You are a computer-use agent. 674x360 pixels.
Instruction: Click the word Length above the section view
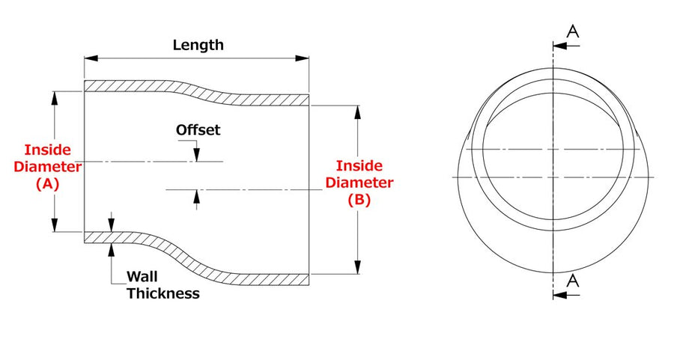pos(198,45)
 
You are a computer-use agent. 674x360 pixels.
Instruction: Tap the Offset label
pos(198,129)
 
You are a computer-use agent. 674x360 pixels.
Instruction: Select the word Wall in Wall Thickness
pos(142,276)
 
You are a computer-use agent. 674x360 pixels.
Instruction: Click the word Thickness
pos(163,293)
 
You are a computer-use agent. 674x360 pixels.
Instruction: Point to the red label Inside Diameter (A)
pos(47,167)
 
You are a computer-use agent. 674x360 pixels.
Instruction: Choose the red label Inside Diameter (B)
pos(359,183)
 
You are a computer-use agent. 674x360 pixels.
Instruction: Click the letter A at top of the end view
pos(573,31)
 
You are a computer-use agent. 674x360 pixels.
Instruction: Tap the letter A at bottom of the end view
pos(573,281)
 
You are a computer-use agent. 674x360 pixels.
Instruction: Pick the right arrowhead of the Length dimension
pos(303,58)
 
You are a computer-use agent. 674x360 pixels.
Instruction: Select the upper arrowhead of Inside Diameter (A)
pos(55,98)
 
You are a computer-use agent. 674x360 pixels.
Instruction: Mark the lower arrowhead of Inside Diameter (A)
pos(55,225)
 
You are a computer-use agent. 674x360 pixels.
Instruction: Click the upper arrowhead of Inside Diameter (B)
pos(357,112)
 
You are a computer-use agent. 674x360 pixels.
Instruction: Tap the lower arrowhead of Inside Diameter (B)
pos(357,266)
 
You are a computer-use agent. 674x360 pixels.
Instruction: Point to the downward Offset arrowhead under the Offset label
pos(197,155)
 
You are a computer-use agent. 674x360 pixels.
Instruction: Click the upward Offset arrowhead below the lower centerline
pos(197,196)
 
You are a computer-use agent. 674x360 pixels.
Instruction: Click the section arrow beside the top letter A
pos(566,46)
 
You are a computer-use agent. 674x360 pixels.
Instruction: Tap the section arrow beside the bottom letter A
pos(566,295)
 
